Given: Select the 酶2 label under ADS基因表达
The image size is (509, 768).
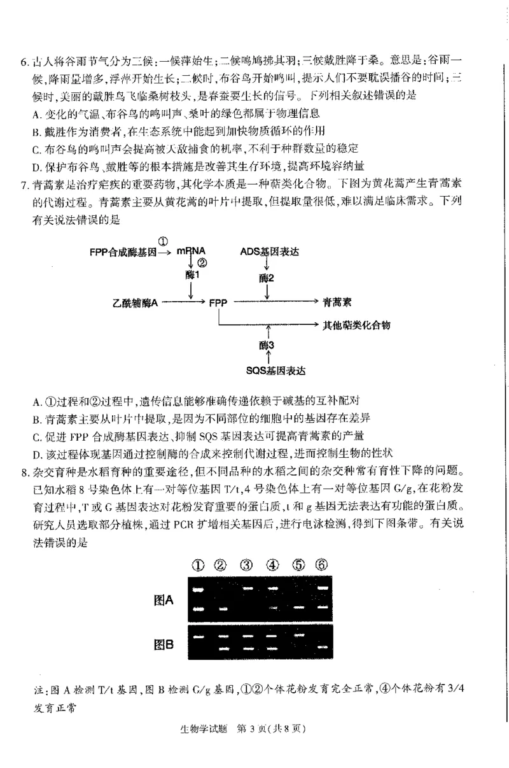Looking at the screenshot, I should coord(267,278).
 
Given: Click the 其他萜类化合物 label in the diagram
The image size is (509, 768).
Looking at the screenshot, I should coord(356,325).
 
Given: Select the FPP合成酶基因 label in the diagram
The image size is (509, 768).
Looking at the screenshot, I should coord(123,252).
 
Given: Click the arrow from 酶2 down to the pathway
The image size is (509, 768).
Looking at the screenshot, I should coord(267,292).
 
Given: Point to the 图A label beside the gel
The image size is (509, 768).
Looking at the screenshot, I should coord(164,599).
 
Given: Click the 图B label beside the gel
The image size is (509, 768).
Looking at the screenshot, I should coord(164,644).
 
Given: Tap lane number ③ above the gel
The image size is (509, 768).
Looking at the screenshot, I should coord(246,565).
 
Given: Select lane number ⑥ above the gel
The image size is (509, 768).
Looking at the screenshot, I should coord(322,565).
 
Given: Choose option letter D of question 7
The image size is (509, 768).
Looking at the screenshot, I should coord(36,453).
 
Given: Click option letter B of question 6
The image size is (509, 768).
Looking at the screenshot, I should coord(36,132).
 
